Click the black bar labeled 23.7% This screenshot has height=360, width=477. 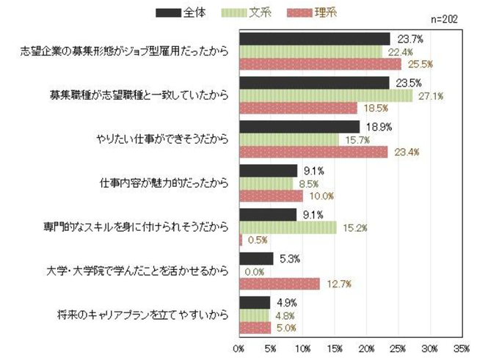click(315, 39)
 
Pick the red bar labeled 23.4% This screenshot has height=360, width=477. click(314, 153)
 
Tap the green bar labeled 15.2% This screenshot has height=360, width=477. click(288, 227)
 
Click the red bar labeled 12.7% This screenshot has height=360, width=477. click(280, 284)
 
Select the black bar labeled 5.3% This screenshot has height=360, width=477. click(256, 258)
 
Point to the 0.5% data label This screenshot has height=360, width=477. click(258, 240)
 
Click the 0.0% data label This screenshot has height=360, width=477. click(254, 271)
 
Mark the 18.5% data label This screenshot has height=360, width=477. click(374, 108)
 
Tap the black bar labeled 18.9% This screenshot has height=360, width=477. click(299, 127)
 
